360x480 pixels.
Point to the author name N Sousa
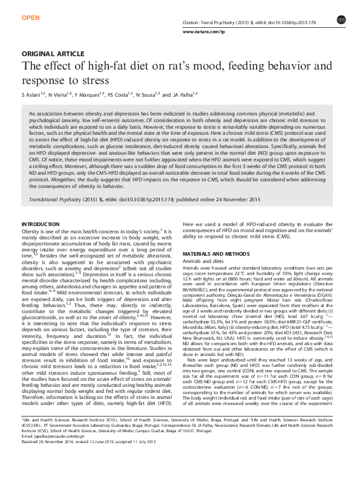coord(145,96)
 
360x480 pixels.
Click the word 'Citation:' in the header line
coord(192,21)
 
